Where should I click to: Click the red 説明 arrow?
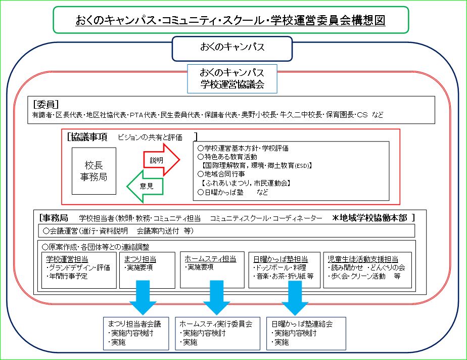click(x=161, y=160)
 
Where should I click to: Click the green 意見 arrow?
click(x=146, y=186)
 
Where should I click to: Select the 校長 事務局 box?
click(x=94, y=171)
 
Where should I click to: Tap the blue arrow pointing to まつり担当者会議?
click(x=143, y=297)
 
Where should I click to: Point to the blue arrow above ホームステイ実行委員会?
click(x=216, y=297)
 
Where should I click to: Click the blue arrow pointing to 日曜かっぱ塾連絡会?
click(x=295, y=297)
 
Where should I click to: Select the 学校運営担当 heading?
click(x=67, y=259)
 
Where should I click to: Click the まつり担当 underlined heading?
click(x=140, y=259)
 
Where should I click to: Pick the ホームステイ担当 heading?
click(x=210, y=259)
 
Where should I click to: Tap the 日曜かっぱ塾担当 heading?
click(x=281, y=259)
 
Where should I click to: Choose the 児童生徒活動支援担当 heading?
click(x=363, y=259)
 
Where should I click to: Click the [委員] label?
click(x=46, y=104)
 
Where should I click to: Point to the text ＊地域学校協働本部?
click(x=369, y=218)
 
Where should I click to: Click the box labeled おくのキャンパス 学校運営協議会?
click(x=232, y=79)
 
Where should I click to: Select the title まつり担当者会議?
click(x=134, y=324)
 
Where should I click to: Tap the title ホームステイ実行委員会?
click(x=216, y=324)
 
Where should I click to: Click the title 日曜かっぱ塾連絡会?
click(x=302, y=324)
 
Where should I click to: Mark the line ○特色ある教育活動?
click(x=227, y=157)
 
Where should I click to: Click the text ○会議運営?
click(x=61, y=231)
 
